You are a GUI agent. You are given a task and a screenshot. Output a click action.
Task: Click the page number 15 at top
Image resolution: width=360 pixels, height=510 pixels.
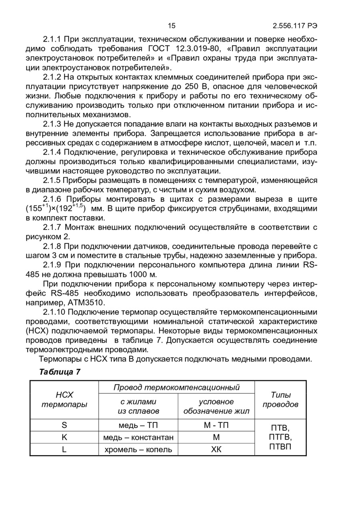172,26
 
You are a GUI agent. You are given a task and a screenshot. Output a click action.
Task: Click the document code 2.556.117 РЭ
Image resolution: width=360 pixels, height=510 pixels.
295,26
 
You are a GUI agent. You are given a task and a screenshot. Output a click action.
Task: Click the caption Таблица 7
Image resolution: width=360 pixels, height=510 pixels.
60,372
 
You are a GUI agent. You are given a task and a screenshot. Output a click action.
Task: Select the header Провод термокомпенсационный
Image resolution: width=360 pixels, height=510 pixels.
176,387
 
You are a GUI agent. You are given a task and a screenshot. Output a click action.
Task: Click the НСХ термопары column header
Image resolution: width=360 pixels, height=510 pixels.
64,400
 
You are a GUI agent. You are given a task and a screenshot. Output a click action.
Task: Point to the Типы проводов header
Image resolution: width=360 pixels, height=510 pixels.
280,400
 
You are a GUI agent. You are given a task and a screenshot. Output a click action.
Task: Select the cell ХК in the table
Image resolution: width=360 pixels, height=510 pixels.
216,450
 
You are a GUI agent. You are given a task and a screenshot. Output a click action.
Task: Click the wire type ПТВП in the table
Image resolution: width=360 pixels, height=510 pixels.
280,446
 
